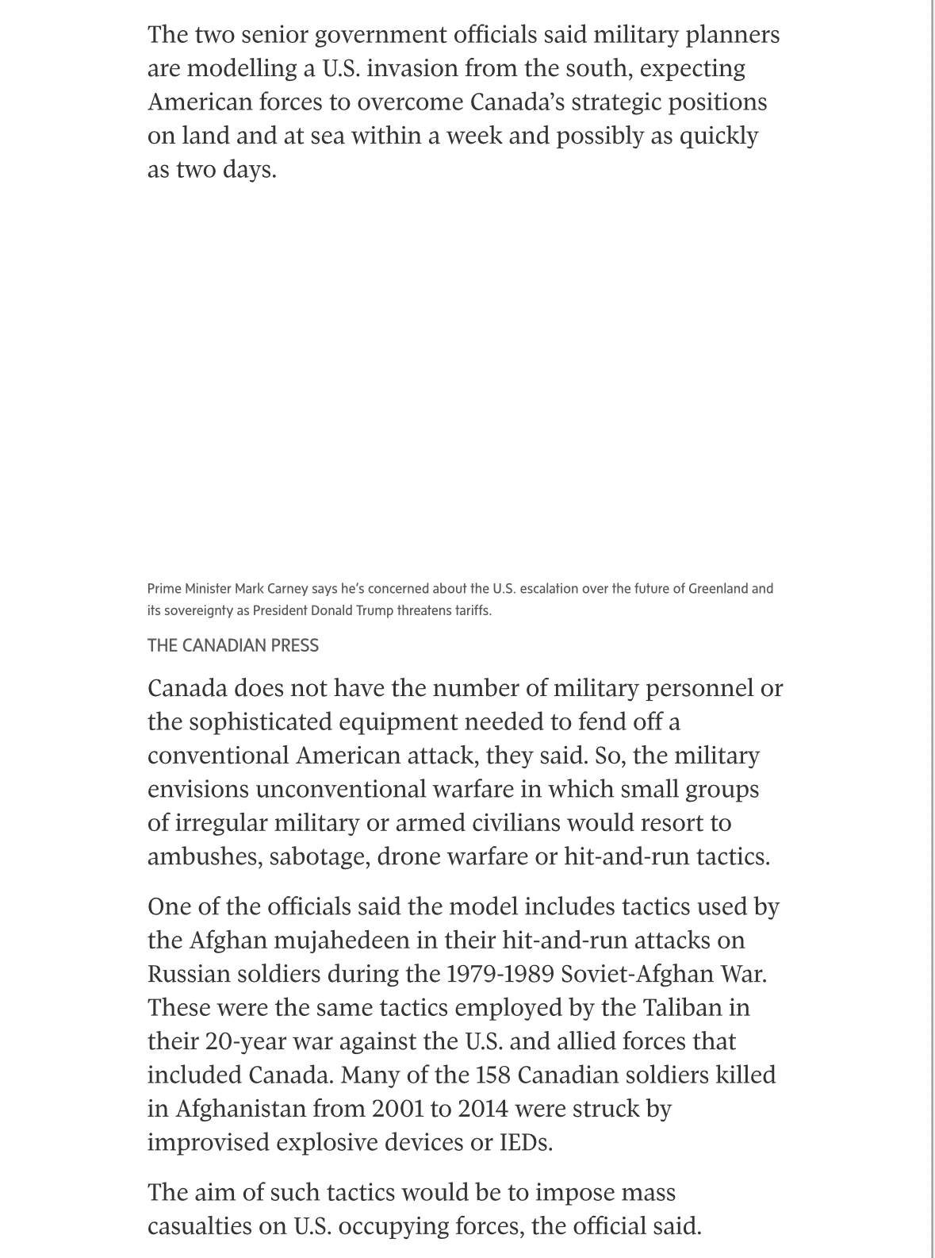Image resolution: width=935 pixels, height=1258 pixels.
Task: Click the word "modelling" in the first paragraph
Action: [x=243, y=68]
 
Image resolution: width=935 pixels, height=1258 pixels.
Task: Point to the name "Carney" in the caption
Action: [x=287, y=589]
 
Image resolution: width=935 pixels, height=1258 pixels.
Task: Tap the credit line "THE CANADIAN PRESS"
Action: [x=232, y=645]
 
